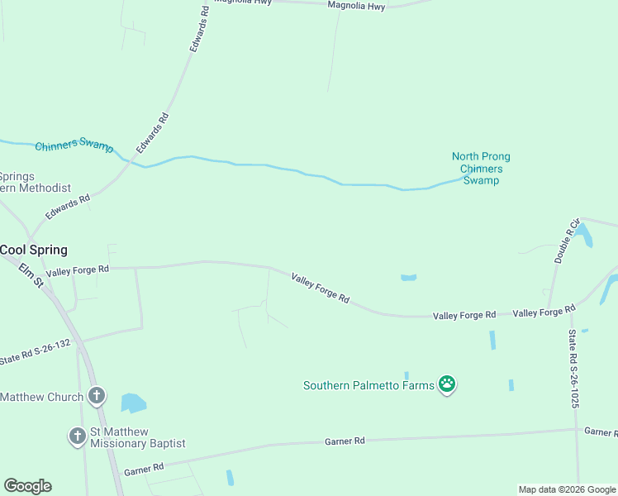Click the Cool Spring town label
coord(33,250)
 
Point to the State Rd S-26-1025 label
coord(573,369)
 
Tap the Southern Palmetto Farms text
coord(368,385)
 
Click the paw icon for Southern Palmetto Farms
coord(447,384)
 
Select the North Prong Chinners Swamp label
coord(481,168)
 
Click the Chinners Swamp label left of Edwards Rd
coord(74,145)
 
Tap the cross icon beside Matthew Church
coord(97,396)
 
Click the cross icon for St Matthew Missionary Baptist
coord(78,436)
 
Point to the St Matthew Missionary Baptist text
coord(137,437)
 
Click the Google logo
coord(27,486)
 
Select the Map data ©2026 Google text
coord(567,489)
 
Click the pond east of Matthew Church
coord(132,403)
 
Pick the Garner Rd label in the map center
coord(348,441)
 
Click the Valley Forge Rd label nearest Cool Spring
coord(78,270)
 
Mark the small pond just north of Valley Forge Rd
coord(408,278)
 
